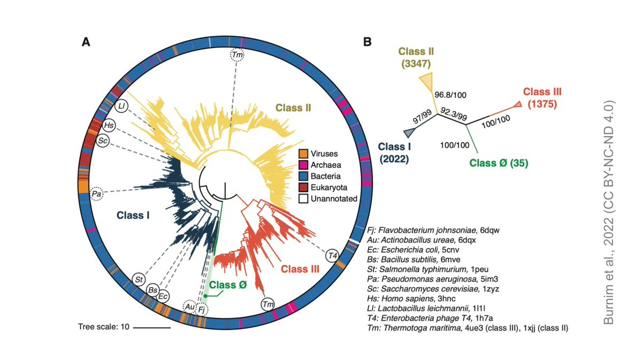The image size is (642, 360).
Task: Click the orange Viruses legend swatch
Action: [302, 154]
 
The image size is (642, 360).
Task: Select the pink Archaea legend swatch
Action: [302, 165]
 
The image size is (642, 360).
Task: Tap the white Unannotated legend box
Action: [302, 198]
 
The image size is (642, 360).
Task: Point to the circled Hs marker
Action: [109, 126]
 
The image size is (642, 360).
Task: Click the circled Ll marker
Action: [122, 105]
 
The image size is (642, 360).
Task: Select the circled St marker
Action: [139, 279]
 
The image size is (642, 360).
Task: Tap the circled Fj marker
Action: [202, 309]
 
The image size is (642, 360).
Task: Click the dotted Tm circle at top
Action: [237, 55]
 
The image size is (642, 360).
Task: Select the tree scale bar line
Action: [151, 327]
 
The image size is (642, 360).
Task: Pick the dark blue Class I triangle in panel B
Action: [409, 132]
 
